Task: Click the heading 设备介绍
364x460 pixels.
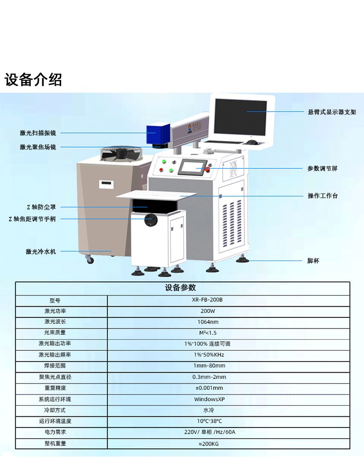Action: click(33, 79)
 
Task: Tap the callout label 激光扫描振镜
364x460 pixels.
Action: click(38, 133)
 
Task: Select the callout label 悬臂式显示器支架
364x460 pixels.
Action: click(332, 112)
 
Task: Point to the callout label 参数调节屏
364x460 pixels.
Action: click(322, 168)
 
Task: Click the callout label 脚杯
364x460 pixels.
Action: click(313, 261)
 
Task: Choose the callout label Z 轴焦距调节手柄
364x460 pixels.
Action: click(32, 219)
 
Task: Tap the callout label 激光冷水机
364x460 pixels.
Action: click(40, 251)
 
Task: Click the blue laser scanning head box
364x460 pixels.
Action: click(158, 134)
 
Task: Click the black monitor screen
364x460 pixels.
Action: click(241, 117)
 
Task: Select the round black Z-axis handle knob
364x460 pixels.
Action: click(151, 219)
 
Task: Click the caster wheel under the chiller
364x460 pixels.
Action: click(90, 259)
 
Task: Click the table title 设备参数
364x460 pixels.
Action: click(180, 288)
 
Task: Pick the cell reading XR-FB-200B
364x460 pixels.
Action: click(207, 300)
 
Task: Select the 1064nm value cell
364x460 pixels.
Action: click(208, 322)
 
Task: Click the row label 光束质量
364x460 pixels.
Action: click(55, 332)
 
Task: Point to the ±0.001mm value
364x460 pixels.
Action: click(209, 388)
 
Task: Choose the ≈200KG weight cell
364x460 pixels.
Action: click(209, 444)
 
